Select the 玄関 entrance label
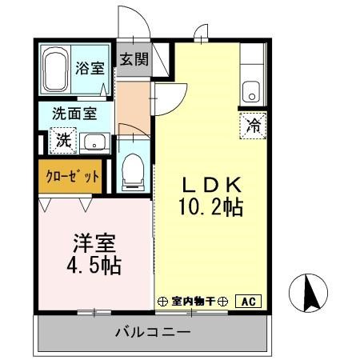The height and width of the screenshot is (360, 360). tap(134, 58)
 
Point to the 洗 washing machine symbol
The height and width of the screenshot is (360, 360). tap(63, 141)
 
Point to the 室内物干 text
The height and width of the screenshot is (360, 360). tap(196, 302)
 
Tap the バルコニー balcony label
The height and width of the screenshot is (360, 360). tap(151, 331)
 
